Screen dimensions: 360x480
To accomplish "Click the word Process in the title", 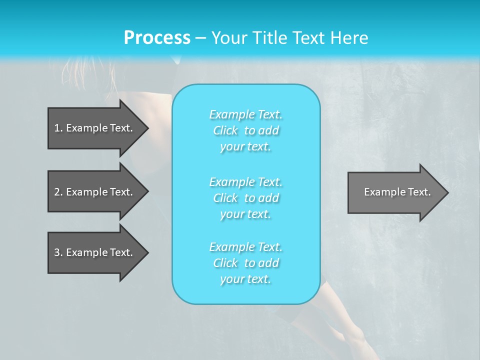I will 157,38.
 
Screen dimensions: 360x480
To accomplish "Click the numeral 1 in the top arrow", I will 56,128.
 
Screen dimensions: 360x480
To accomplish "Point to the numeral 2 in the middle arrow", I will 57,192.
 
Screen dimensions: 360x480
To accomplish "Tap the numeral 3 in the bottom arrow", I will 57,252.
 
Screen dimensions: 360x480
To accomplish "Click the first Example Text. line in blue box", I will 246,114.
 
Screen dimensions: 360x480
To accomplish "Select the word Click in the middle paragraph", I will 225,198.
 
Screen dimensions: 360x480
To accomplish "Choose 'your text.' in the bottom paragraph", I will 245,279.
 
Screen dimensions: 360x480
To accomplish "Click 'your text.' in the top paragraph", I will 245,146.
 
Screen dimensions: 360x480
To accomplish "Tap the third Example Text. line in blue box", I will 246,247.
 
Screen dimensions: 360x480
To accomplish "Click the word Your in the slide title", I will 228,38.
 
